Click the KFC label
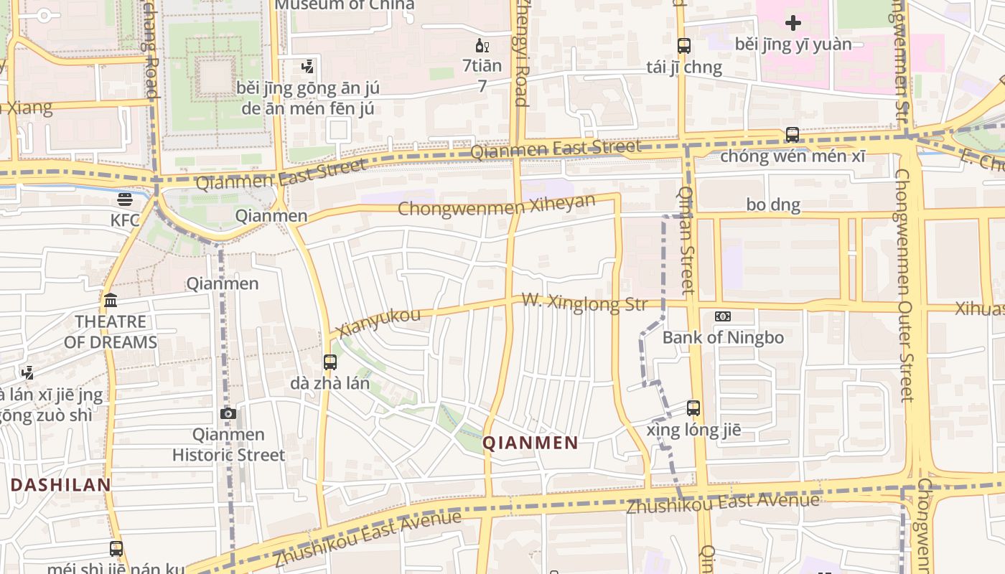click(125, 220)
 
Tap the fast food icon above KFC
click(125, 199)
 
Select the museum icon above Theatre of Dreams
click(111, 300)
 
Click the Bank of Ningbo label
click(723, 337)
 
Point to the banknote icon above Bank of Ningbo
click(723, 316)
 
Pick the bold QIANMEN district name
click(530, 443)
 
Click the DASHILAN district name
click(61, 485)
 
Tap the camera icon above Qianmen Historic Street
click(228, 414)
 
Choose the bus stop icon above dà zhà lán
click(330, 362)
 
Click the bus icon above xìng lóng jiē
click(693, 408)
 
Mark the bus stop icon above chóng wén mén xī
click(793, 135)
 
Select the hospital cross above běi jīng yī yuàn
click(793, 24)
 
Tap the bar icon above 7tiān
click(482, 47)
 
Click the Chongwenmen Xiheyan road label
click(497, 205)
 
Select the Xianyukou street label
click(378, 321)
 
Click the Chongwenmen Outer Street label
click(905, 287)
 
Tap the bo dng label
click(773, 205)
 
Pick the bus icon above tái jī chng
click(684, 47)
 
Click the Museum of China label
click(345, 4)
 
